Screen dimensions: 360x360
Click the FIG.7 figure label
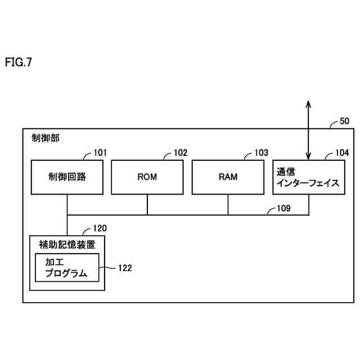19,62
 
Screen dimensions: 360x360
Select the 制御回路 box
67,177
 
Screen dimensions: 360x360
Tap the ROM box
147,177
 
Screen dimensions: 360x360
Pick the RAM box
228,177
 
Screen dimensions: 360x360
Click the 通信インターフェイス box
308,177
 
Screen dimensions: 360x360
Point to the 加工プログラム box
67,268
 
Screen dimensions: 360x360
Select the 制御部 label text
46,138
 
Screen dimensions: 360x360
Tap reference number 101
100,152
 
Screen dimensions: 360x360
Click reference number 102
181,152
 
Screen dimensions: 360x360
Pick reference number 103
261,152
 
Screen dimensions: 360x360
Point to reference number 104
342,152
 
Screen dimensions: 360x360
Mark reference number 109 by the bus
283,208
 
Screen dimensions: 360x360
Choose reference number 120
100,228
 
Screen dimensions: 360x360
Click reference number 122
124,268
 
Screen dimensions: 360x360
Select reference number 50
344,121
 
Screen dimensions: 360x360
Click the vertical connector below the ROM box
147,204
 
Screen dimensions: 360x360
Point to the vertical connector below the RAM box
228,204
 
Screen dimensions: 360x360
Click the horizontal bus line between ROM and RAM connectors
187,215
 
